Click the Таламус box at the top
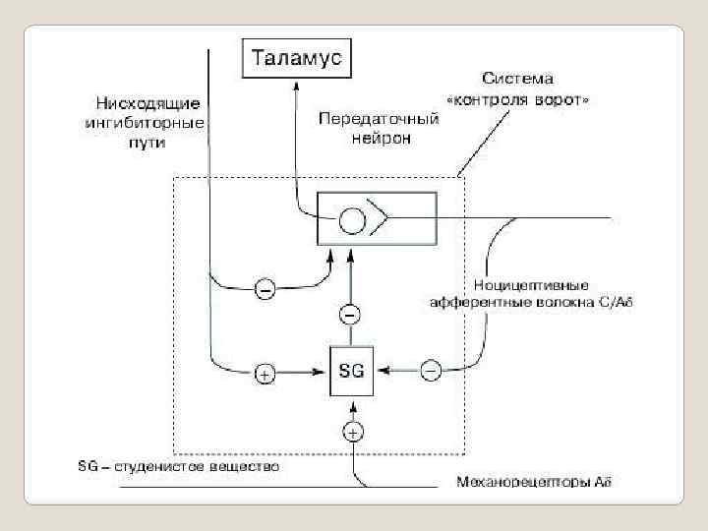pos(297,57)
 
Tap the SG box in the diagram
pos(351,371)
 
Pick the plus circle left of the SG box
pos(265,372)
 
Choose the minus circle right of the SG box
pos(430,370)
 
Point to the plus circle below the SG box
pos(351,430)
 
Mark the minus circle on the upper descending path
pos(265,288)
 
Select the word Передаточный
pos(379,119)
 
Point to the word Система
pos(518,79)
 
